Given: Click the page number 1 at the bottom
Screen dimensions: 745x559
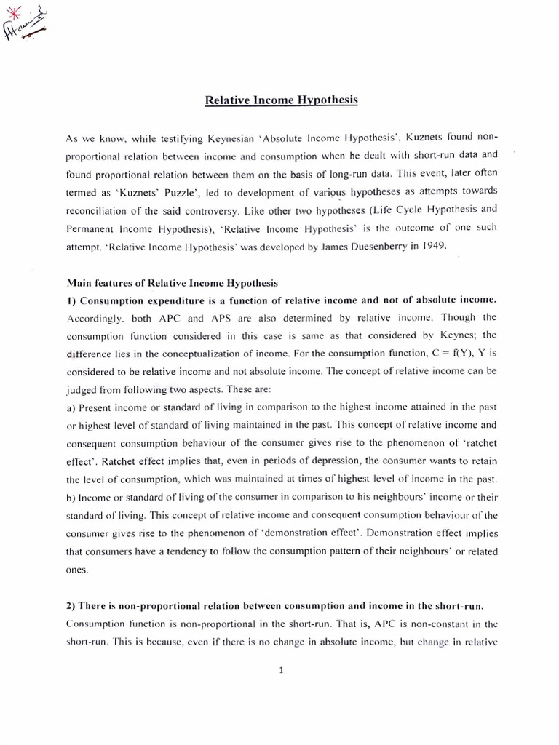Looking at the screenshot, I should pos(280,670).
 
